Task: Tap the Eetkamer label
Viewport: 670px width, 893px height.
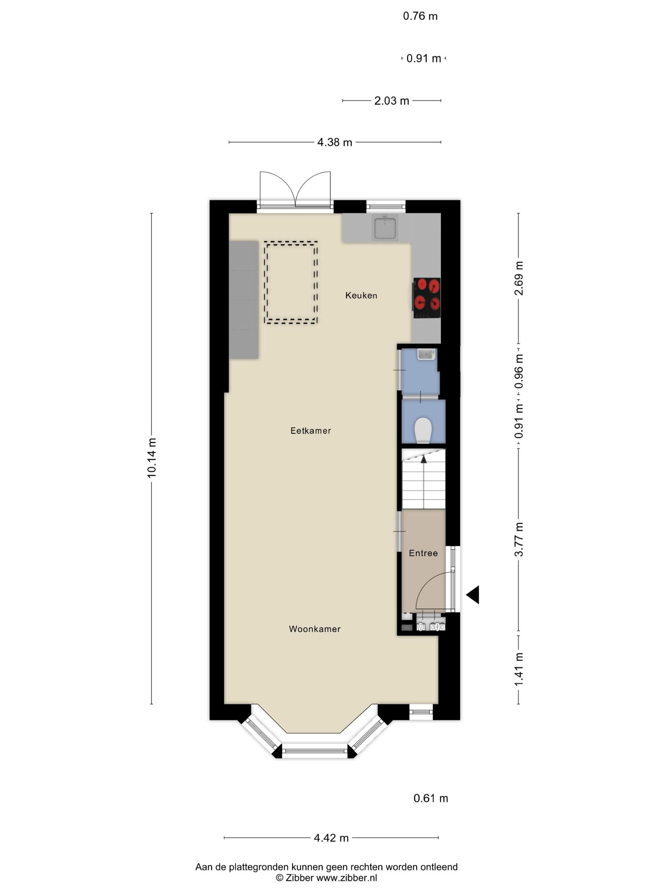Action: (x=310, y=431)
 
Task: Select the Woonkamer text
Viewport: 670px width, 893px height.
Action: (x=315, y=629)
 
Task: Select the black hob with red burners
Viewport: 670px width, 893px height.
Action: (x=427, y=298)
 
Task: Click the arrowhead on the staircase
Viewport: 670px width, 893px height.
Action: (x=424, y=459)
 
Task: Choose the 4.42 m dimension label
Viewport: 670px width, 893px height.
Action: (x=331, y=838)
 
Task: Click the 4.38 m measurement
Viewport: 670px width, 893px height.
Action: (x=334, y=142)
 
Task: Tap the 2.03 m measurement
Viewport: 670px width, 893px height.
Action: (x=392, y=100)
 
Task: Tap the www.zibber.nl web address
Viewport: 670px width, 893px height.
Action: (x=346, y=877)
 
